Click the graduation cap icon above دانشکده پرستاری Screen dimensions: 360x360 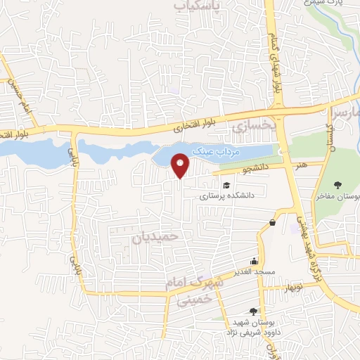pos(226,185)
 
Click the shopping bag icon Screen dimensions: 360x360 pos(272,223)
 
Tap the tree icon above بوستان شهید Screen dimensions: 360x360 pos(252,311)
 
